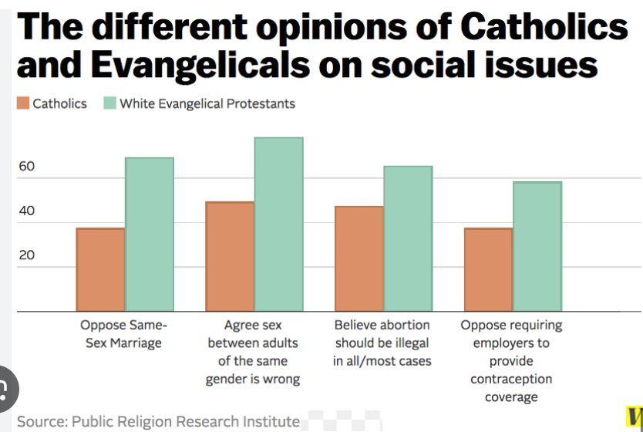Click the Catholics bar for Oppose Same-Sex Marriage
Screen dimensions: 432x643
pyautogui.click(x=100, y=269)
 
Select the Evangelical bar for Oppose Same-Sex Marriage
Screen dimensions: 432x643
pyautogui.click(x=150, y=235)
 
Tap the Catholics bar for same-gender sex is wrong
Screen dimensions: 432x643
pyautogui.click(x=229, y=256)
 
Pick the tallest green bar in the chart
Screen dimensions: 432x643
pyautogui.click(x=278, y=224)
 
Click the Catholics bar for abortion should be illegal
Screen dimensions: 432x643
pyautogui.click(x=359, y=258)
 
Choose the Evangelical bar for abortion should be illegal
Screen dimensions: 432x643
pyautogui.click(x=408, y=238)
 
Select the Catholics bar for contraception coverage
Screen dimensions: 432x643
pyautogui.click(x=488, y=269)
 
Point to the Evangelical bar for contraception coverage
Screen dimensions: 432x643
pyautogui.click(x=537, y=246)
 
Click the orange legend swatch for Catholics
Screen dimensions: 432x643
pyautogui.click(x=22, y=103)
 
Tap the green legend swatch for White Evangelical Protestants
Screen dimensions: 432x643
pyautogui.click(x=109, y=103)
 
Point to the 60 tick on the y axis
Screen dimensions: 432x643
pyautogui.click(x=26, y=167)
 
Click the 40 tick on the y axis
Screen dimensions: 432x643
pyautogui.click(x=26, y=211)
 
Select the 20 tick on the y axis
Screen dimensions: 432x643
pyautogui.click(x=26, y=255)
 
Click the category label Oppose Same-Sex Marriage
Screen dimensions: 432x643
pyautogui.click(x=123, y=334)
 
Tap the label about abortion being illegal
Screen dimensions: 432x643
pyautogui.click(x=382, y=343)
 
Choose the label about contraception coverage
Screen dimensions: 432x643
pyautogui.click(x=511, y=361)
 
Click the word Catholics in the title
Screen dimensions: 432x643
pyautogui.click(x=544, y=28)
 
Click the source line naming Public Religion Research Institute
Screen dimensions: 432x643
pyautogui.click(x=158, y=421)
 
